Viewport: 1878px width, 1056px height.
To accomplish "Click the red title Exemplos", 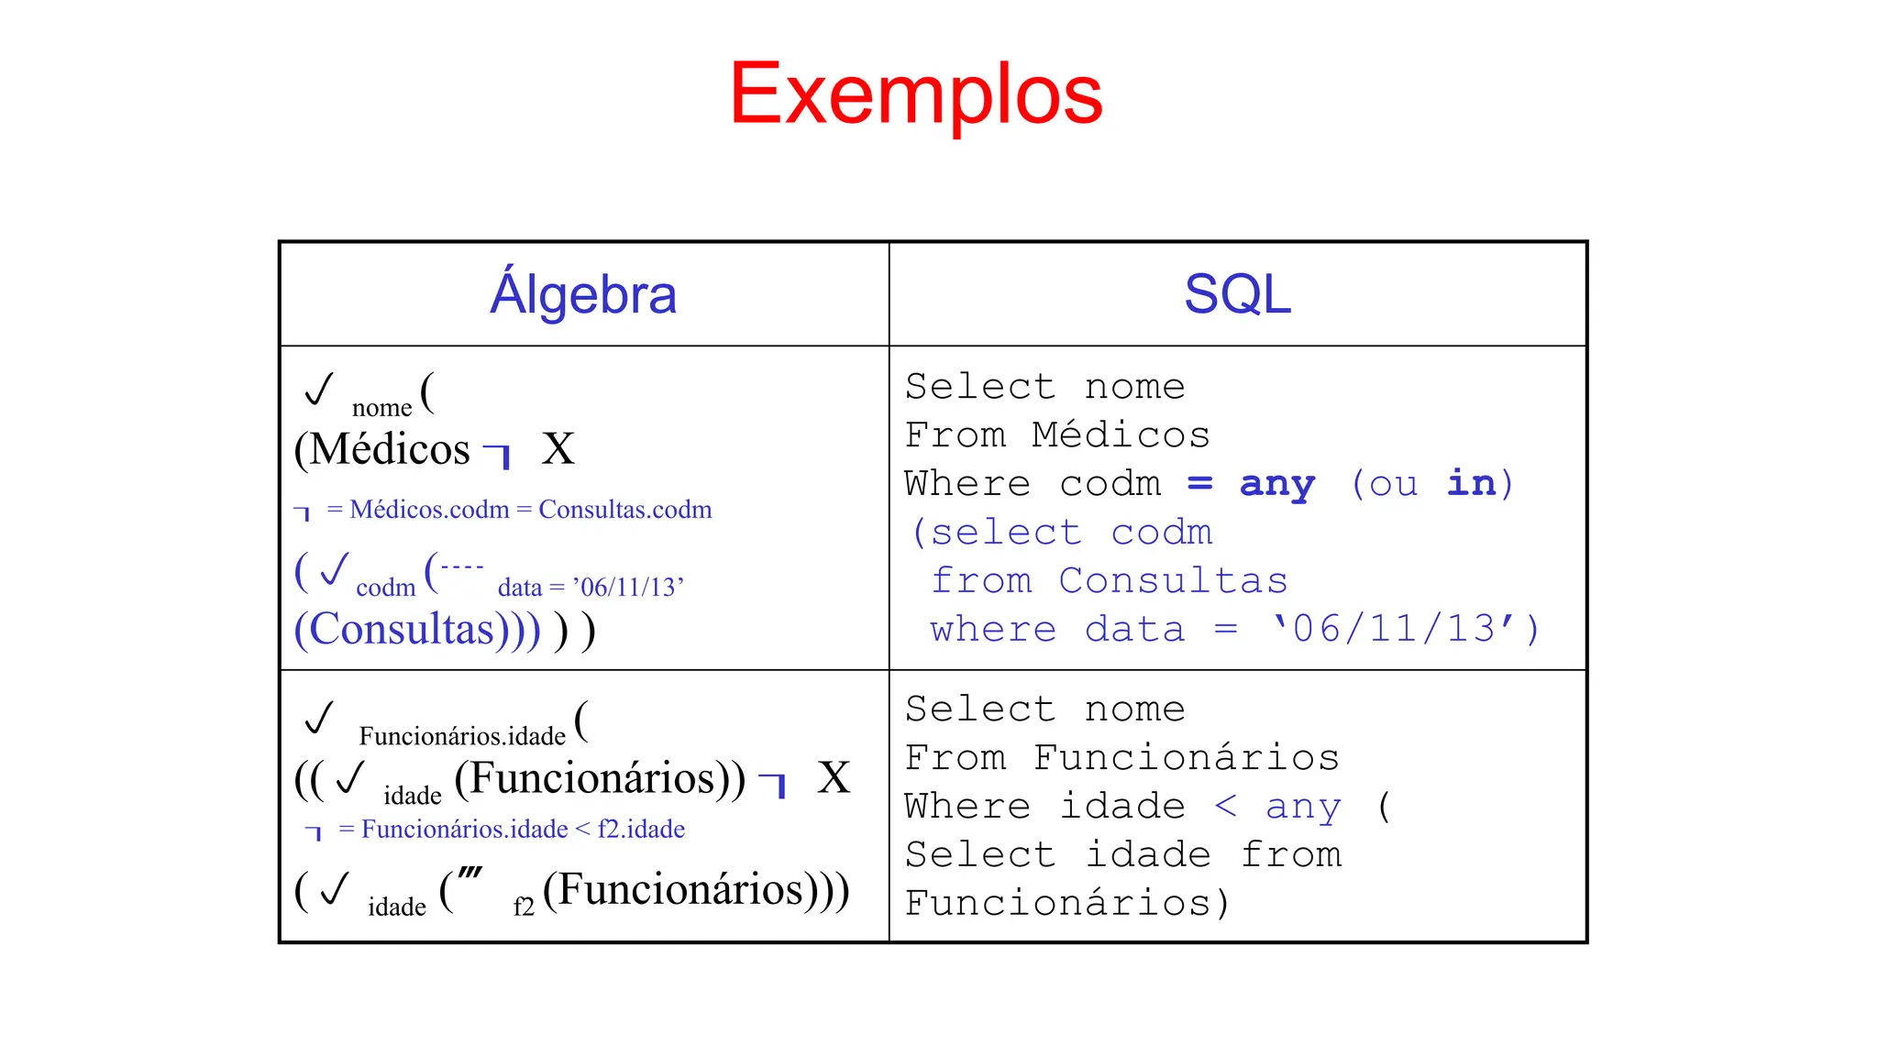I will [915, 93].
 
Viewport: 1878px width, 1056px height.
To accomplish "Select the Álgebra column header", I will [583, 294].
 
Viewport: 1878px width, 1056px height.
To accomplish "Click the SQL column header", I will [1237, 294].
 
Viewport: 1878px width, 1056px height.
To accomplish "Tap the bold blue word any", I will [1276, 484].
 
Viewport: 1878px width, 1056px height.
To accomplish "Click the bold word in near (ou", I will [1471, 483].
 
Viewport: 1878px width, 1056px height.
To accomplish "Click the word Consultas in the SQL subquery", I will [1173, 581].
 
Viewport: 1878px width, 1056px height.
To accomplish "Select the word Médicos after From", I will [1120, 435].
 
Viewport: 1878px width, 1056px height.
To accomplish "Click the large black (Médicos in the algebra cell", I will [382, 449].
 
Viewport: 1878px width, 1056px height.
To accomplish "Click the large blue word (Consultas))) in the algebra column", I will [417, 630].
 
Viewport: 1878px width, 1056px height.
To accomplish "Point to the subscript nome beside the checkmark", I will [381, 408].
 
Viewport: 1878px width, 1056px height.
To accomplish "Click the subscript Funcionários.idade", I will [462, 736].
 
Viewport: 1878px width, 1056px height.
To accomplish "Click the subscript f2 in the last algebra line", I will [524, 907].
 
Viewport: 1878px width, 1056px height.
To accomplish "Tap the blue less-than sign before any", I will [1225, 807].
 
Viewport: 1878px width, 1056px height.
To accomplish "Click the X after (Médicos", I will [558, 449].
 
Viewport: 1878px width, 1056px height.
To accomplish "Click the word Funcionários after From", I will [1186, 758].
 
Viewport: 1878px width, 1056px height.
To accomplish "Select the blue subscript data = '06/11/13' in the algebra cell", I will [591, 588].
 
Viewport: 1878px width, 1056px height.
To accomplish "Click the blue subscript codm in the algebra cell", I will [385, 588].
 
